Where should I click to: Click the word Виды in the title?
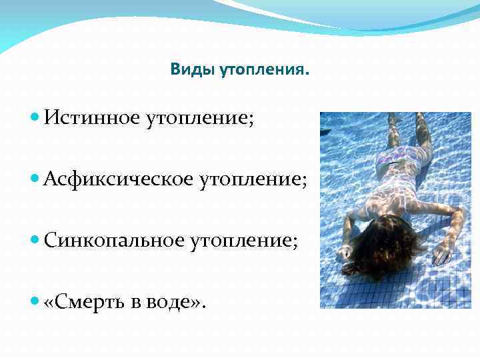(x=189, y=69)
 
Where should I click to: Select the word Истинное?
(x=91, y=118)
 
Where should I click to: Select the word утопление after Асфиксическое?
(x=251, y=179)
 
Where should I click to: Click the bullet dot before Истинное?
(x=35, y=118)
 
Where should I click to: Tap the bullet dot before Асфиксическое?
(x=35, y=179)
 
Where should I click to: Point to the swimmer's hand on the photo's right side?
(x=441, y=252)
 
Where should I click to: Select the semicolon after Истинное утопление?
(x=251, y=120)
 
